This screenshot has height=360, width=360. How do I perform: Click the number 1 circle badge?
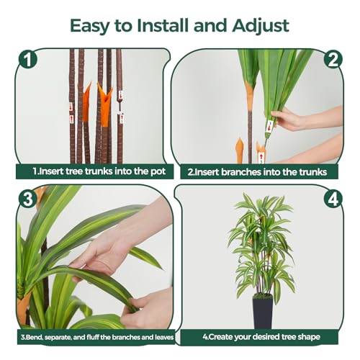pyautogui.click(x=27, y=60)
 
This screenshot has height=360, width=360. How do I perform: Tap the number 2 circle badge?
pyautogui.click(x=333, y=60)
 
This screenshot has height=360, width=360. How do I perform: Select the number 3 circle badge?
pyautogui.click(x=27, y=197)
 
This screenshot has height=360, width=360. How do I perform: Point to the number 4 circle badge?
pyautogui.click(x=333, y=197)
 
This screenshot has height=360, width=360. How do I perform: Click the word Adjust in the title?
pyautogui.click(x=261, y=25)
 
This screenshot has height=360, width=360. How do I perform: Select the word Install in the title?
pyautogui.click(x=165, y=25)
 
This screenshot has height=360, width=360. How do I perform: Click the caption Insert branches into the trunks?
pyautogui.click(x=257, y=172)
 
